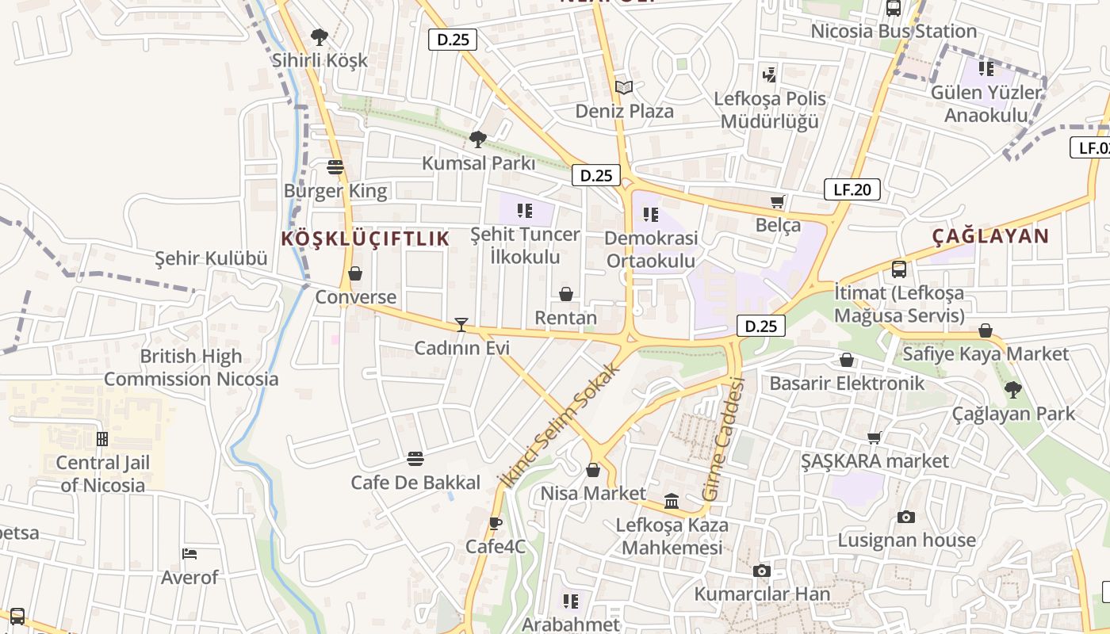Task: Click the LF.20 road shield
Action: coord(852,189)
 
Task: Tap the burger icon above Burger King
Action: coord(335,167)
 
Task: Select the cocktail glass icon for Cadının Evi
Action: coord(461,324)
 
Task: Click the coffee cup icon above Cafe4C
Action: coord(496,523)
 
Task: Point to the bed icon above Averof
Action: coord(189,554)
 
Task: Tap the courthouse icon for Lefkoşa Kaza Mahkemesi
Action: coord(672,501)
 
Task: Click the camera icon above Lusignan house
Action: coord(906,517)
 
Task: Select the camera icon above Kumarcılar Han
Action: coord(762,571)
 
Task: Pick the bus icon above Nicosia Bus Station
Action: coord(894,9)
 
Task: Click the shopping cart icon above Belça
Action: coord(778,202)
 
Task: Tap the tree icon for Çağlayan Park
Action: coord(1012,390)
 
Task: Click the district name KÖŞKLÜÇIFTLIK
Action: coord(366,239)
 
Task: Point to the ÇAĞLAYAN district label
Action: coord(990,235)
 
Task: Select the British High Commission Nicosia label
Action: coord(191,368)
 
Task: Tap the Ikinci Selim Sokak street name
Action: coord(558,426)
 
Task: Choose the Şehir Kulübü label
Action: coord(211,258)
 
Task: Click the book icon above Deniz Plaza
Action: coord(624,87)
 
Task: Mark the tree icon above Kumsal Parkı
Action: coord(477,139)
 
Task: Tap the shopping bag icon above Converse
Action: coord(355,273)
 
